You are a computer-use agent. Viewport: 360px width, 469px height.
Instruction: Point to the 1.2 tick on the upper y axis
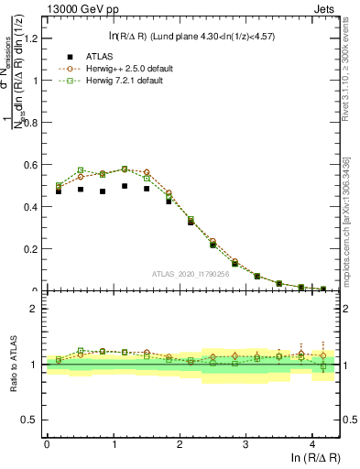point(33,38)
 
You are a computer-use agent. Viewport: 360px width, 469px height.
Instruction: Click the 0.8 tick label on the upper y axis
point(33,122)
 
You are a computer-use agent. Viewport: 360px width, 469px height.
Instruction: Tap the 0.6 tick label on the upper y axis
point(33,164)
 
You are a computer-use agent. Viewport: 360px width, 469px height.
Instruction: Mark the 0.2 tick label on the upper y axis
point(33,248)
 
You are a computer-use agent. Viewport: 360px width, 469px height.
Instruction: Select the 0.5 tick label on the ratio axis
point(33,420)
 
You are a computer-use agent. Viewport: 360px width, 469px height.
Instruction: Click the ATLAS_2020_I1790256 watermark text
point(191,274)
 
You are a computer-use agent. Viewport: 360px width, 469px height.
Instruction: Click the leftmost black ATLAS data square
point(59,191)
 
